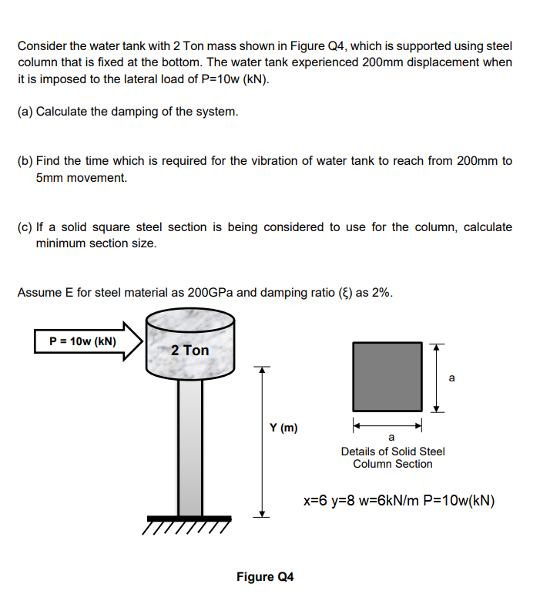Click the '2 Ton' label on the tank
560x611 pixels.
click(189, 350)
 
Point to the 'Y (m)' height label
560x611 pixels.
click(283, 428)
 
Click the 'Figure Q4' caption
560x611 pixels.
click(265, 576)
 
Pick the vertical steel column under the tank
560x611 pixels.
click(189, 447)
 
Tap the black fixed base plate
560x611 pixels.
click(189, 518)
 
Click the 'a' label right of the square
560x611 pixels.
click(451, 378)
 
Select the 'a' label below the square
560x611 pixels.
click(391, 438)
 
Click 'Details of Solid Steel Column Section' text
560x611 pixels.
click(393, 457)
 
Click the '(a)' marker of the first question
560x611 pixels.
click(25, 112)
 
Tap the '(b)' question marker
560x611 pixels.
click(25, 161)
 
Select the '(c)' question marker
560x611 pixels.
click(25, 227)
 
